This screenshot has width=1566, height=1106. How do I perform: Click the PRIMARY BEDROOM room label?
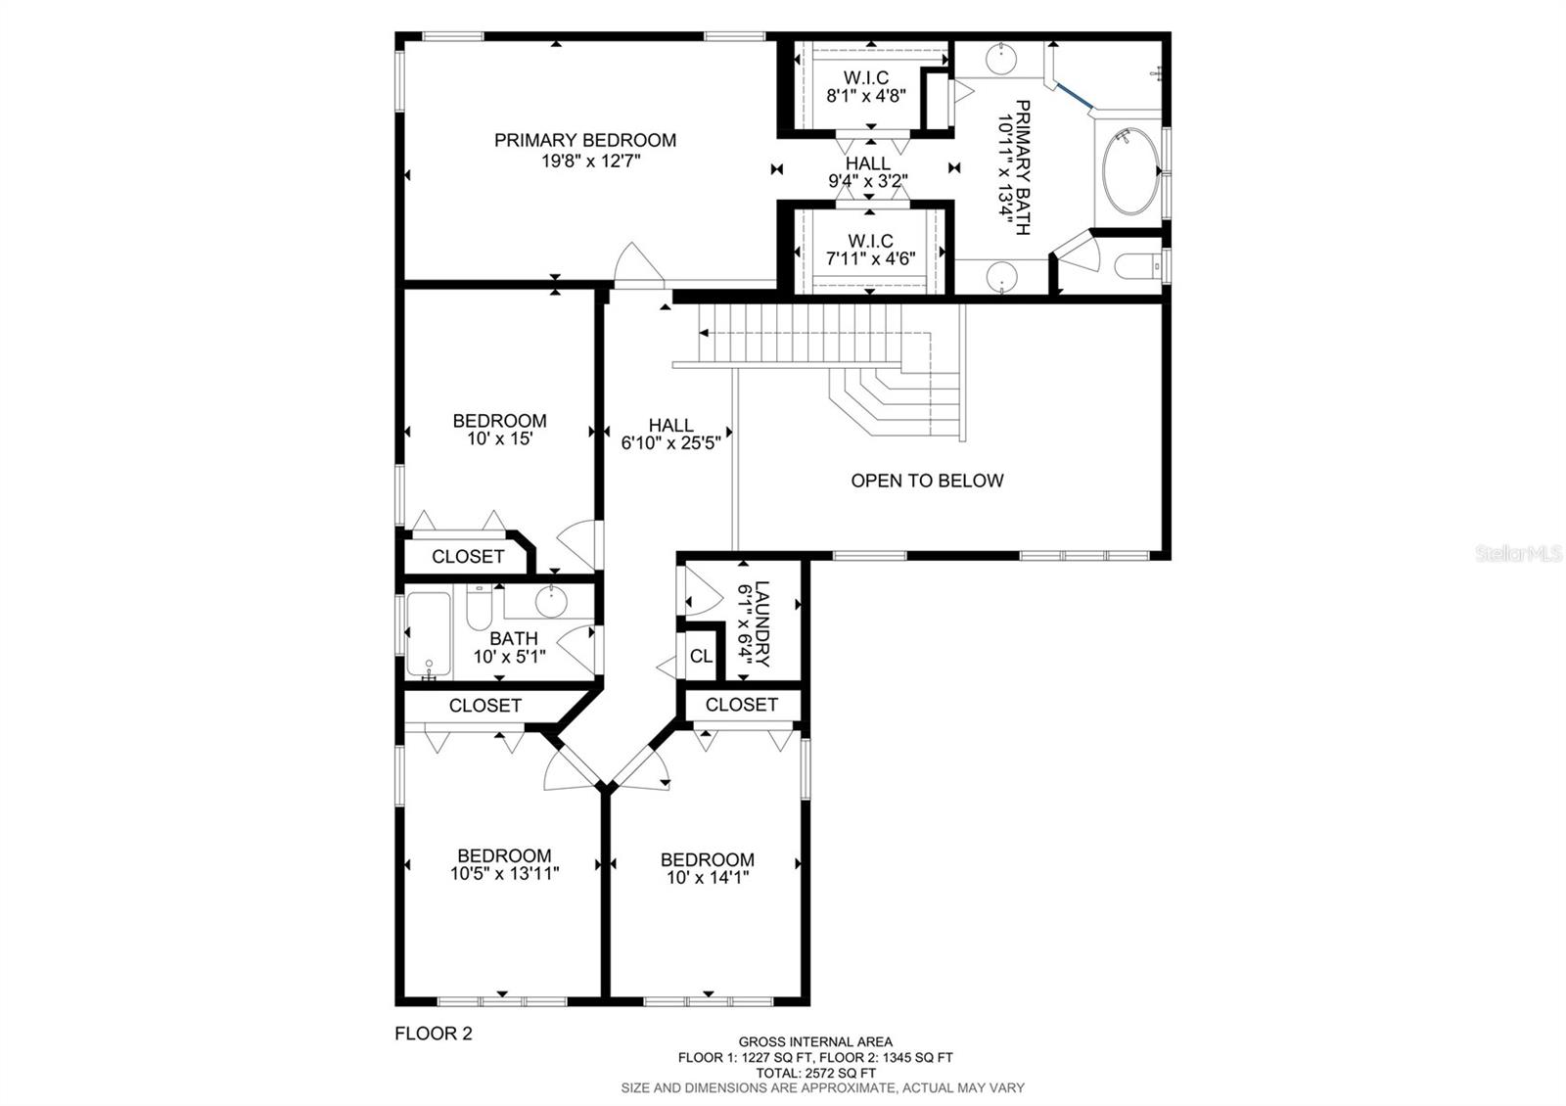[x=585, y=141]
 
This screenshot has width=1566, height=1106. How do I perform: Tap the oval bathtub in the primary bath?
[x=1128, y=171]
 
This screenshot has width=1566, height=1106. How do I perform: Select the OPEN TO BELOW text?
[x=927, y=481]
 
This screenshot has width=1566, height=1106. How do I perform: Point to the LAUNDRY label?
[x=762, y=623]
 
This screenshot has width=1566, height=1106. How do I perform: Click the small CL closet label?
[x=701, y=656]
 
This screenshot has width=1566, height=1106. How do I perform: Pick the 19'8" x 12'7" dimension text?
[x=591, y=161]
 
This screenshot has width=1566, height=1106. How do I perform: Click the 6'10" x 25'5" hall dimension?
[x=670, y=443]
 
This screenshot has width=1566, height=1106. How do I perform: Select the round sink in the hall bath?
[x=552, y=602]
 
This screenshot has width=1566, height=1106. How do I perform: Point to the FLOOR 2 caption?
[x=434, y=1034]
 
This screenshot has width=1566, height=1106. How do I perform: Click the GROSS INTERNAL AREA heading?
[x=815, y=1041]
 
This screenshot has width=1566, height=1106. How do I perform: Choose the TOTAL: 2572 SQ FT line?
[x=815, y=1073]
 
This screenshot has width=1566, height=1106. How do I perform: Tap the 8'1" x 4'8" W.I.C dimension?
[x=866, y=96]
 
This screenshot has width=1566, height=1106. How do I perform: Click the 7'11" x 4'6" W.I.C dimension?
[x=870, y=258]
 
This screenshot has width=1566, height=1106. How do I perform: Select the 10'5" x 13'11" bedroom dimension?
[x=505, y=873]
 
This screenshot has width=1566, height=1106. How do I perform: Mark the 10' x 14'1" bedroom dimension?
[x=708, y=877]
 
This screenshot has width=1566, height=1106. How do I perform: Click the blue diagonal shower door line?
[x=1076, y=96]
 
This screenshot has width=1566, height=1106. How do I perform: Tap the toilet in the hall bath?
[x=479, y=608]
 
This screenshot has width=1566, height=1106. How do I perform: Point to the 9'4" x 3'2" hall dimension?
[x=867, y=181]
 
